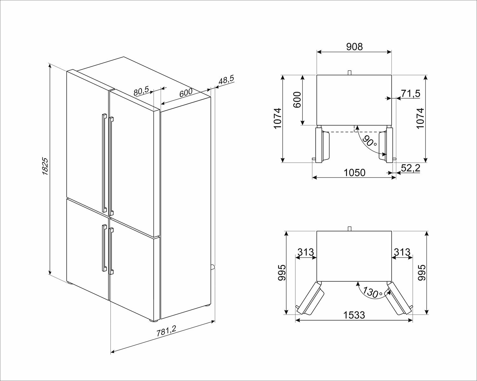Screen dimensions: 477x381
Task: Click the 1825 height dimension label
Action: (x=45, y=167)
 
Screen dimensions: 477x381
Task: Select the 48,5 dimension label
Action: (x=226, y=80)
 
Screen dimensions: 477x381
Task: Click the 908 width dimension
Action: (x=355, y=47)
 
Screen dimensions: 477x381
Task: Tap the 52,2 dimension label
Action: (x=411, y=168)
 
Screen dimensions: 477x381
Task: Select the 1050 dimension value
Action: (x=355, y=173)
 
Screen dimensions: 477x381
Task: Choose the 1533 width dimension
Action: (x=354, y=315)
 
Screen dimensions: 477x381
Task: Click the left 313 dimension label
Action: (x=306, y=252)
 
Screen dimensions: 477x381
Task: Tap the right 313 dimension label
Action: (x=402, y=252)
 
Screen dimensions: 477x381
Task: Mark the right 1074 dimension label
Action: (x=420, y=118)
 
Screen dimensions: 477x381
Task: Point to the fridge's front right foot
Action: (x=153, y=320)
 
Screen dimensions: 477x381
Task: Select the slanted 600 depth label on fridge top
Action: (x=186, y=93)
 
